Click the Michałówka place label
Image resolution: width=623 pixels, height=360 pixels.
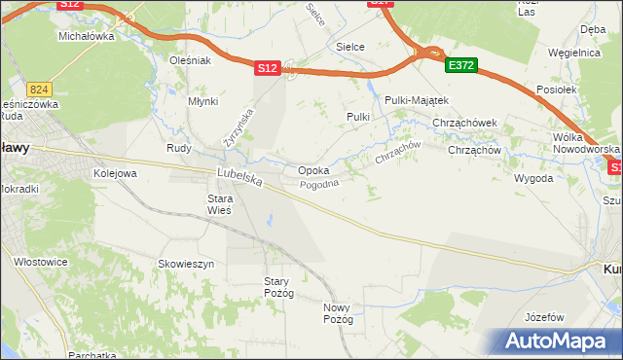pos(87,36)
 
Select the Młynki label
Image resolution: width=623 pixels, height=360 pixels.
pos(202,101)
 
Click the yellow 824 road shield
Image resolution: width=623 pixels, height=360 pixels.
pos(39,88)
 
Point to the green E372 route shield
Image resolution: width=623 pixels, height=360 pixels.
pos(460,65)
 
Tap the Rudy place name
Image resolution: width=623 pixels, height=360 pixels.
pos(178,149)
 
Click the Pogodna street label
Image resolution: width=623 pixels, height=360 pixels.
pos(318,185)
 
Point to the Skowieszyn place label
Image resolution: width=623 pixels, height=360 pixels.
pos(186,264)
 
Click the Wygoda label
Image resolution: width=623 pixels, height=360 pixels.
pos(533,179)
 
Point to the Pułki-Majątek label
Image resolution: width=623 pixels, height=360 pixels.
pos(416,100)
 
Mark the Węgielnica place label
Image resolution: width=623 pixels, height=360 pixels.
pos(572,53)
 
